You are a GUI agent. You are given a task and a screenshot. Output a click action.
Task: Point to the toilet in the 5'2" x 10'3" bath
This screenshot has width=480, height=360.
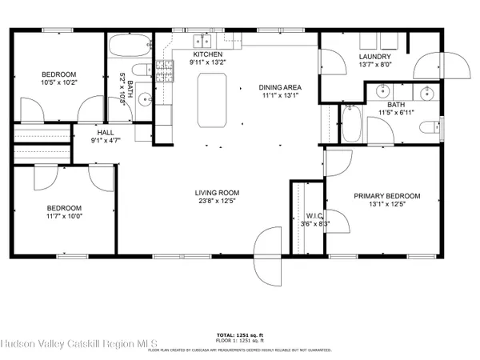(x=138, y=73)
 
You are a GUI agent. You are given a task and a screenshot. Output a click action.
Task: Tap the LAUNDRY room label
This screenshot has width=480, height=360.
(x=374, y=57)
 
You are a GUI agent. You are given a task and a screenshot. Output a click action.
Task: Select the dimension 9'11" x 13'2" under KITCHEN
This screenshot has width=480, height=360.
(x=207, y=62)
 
